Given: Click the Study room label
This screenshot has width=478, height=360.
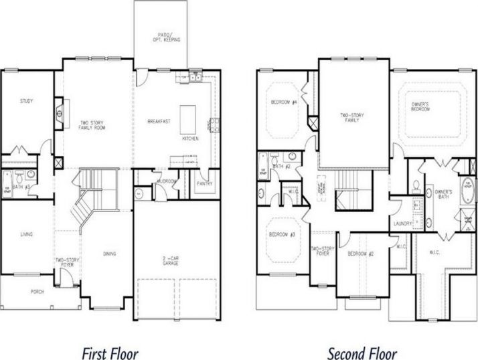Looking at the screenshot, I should [x=27, y=102].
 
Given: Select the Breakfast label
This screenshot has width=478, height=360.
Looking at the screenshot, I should [x=159, y=121].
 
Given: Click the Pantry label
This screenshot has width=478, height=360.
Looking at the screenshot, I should [x=204, y=182].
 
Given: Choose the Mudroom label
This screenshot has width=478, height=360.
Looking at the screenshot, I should [x=166, y=181].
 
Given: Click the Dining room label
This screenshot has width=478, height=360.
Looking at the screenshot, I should [x=109, y=254].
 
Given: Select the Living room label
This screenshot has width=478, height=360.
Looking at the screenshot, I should [x=27, y=234].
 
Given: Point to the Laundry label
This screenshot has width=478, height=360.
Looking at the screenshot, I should [x=402, y=223].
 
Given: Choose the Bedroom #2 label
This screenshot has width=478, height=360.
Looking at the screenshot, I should [x=360, y=254].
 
